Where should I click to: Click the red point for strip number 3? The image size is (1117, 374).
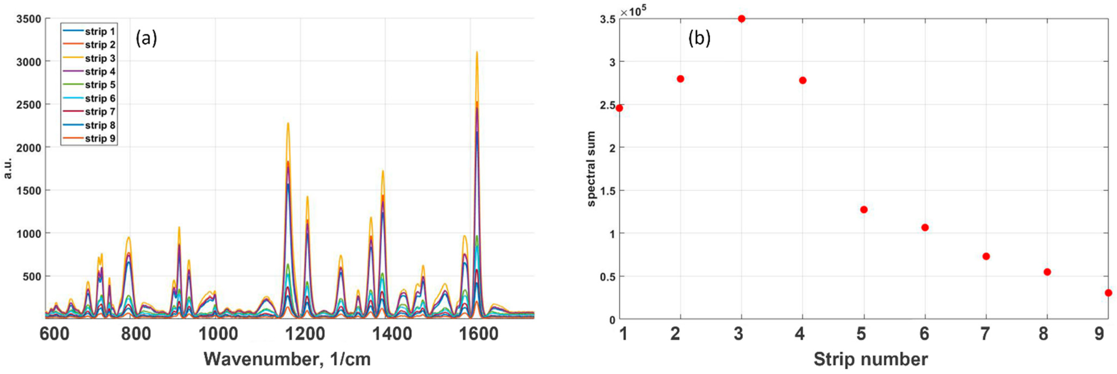741,19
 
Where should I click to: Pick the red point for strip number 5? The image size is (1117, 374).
864,210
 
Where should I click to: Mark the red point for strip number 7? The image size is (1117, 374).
986,256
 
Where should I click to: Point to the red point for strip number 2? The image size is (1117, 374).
680,79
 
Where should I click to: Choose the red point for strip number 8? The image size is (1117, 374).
1047,272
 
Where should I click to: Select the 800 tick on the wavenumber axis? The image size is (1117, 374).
136,334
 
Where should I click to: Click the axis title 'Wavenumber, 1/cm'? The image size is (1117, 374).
287,359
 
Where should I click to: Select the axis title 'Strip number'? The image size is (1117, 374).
871,359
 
